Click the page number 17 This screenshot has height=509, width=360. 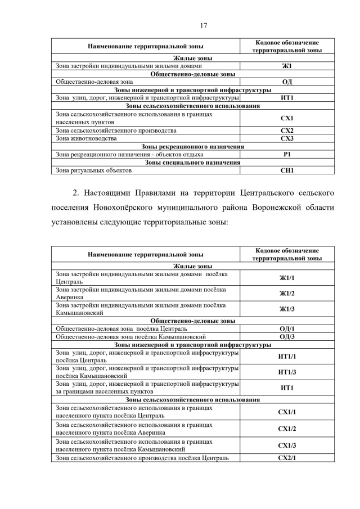click(204, 25)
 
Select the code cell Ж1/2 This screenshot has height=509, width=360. click(287, 294)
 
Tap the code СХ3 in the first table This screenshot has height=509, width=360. click(287, 138)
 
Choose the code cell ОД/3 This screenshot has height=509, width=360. click(287, 337)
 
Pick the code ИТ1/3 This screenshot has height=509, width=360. click(287, 372)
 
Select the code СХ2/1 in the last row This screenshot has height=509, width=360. click(287, 458)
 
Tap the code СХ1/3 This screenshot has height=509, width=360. click(287, 446)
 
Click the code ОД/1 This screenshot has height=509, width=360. click(287, 328)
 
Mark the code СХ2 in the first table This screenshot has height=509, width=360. click(287, 130)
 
